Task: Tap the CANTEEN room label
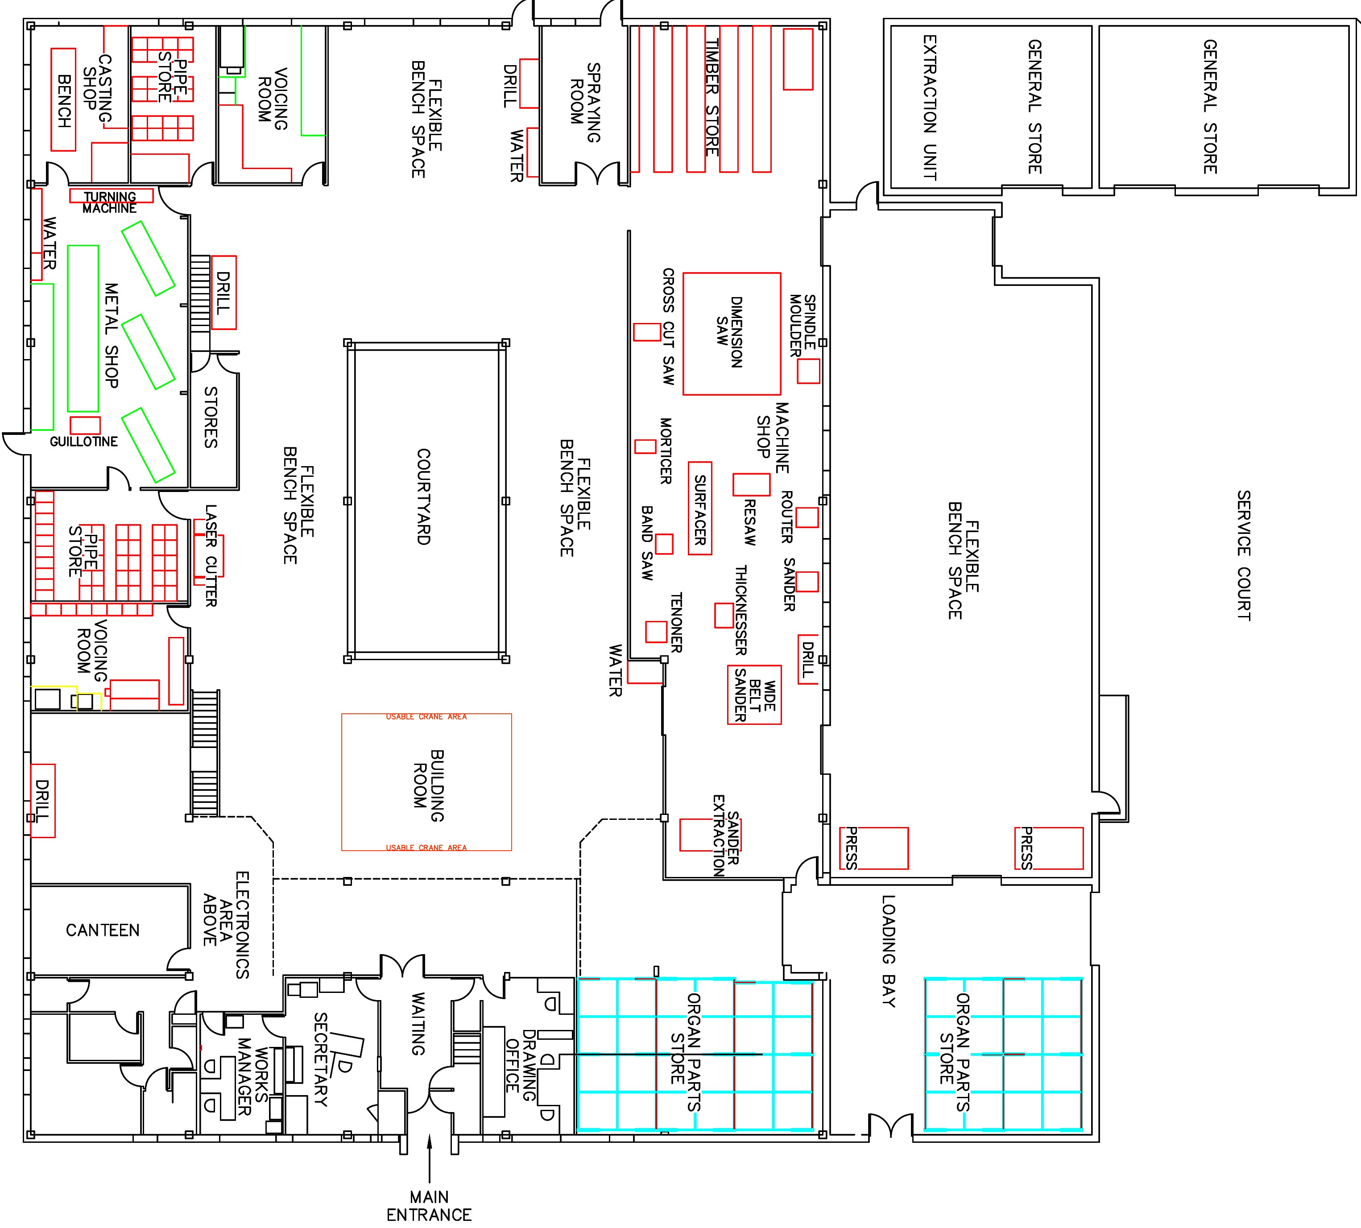tap(103, 930)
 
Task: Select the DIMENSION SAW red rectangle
tap(732, 333)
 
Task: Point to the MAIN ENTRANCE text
tap(429, 1206)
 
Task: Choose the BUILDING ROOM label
tap(429, 786)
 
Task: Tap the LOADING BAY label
tap(889, 951)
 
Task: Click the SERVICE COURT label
tap(1244, 555)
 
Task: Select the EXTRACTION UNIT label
tap(929, 108)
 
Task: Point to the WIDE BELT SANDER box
tap(754, 695)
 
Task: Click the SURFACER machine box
tap(700, 509)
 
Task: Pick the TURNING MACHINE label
tap(110, 202)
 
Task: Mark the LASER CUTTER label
tap(211, 555)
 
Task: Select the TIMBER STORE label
tap(712, 97)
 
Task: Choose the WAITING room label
tap(418, 1024)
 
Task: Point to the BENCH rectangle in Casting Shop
tap(64, 100)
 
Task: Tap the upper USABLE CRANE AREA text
tap(426, 717)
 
